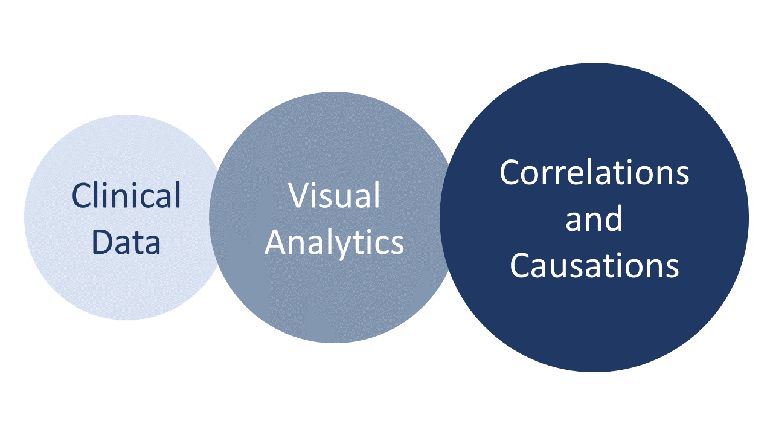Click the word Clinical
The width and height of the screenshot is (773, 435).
pos(126,196)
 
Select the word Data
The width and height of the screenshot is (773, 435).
pos(126,242)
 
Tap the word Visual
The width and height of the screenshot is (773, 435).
pos(334,196)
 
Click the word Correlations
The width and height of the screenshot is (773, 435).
pos(594,173)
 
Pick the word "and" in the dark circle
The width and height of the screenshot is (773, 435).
pos(594,219)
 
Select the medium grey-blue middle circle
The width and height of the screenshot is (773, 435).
pos(334,302)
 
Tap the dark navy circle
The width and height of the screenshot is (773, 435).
pos(594,326)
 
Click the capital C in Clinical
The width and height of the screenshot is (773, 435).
pos(82,196)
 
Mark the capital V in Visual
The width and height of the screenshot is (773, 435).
pos(298,196)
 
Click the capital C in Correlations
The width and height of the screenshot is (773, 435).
pos(511,173)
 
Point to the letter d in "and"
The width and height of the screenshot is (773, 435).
pos(612,218)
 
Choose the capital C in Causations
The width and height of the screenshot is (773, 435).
pos(521,265)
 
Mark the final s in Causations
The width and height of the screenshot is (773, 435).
pos(672,267)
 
